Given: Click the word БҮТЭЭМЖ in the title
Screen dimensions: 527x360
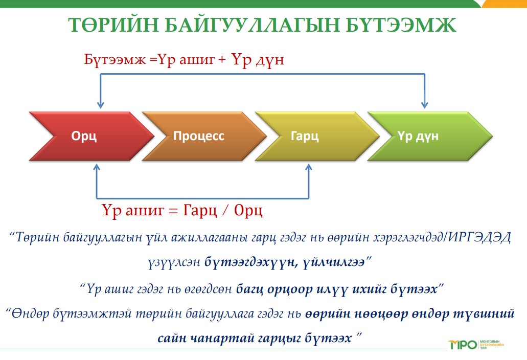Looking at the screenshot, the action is pyautogui.click(x=400, y=25).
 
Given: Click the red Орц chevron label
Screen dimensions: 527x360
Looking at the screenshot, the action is pyautogui.click(x=84, y=136).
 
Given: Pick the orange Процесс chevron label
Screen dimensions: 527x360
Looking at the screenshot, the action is pyautogui.click(x=199, y=136).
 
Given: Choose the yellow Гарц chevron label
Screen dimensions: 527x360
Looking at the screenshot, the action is pyautogui.click(x=305, y=136).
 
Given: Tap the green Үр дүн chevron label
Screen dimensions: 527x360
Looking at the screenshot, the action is pyautogui.click(x=418, y=136).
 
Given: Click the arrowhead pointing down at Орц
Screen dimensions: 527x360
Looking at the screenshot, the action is pyautogui.click(x=100, y=104).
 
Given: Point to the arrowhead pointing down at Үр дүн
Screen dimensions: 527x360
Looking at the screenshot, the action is pyautogui.click(x=424, y=104).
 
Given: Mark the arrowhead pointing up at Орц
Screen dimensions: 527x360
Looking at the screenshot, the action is pyautogui.click(x=97, y=167).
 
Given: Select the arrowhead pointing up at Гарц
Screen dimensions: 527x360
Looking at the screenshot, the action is pyautogui.click(x=309, y=167).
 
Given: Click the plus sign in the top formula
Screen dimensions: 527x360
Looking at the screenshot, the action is pyautogui.click(x=222, y=60).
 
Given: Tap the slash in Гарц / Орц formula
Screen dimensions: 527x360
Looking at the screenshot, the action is pyautogui.click(x=225, y=211).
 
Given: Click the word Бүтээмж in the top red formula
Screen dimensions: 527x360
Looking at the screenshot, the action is pyautogui.click(x=115, y=59).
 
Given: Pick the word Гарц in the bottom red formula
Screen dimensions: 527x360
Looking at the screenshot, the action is pyautogui.click(x=200, y=211).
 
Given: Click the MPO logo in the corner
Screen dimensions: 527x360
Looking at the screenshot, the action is pyautogui.click(x=463, y=345).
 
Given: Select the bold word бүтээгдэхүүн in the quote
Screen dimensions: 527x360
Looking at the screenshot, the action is pyautogui.click(x=251, y=261).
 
